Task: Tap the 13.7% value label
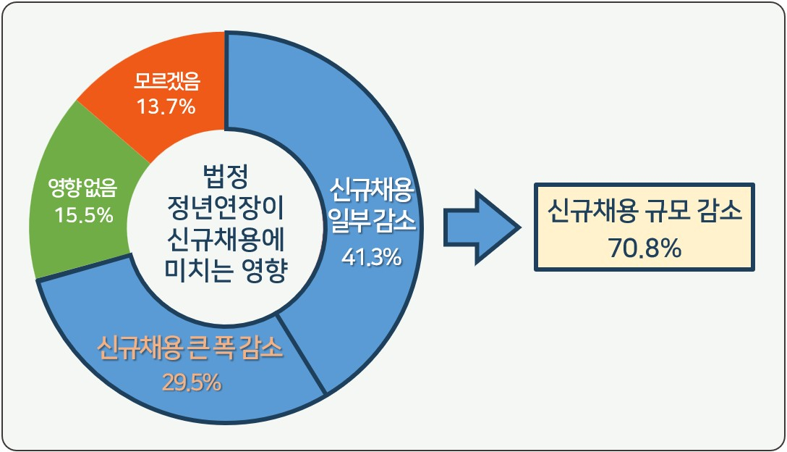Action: (x=166, y=106)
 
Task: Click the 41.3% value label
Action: (x=371, y=256)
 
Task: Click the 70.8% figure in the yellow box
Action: (x=644, y=248)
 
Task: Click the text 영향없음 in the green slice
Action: (x=82, y=190)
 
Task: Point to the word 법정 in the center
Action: (x=226, y=176)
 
